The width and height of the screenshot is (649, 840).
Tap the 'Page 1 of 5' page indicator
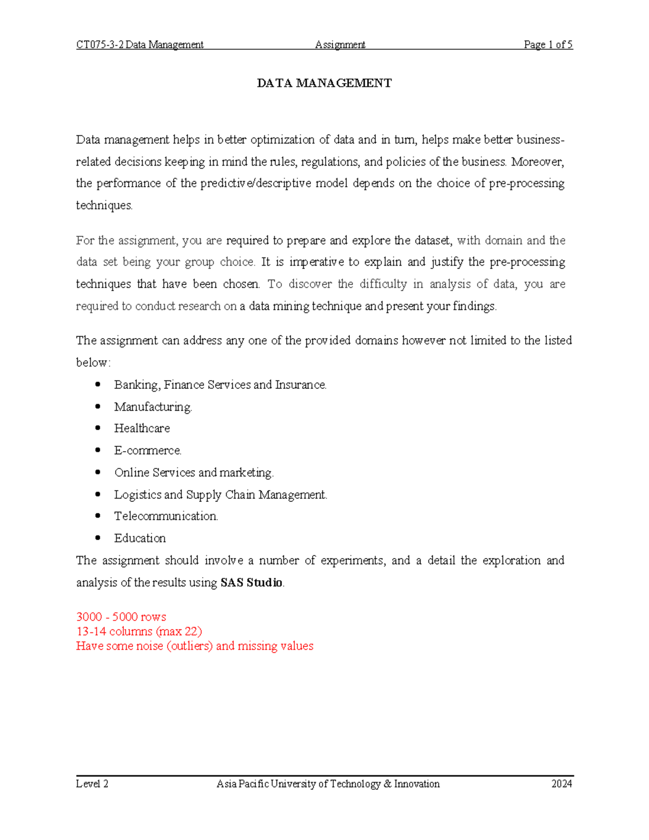[x=548, y=45]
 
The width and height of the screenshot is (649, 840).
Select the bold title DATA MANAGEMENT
[x=324, y=83]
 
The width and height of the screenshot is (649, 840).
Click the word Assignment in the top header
[x=340, y=45]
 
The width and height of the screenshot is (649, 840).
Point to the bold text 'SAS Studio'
[x=251, y=583]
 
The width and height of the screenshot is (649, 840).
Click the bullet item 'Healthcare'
[x=142, y=428]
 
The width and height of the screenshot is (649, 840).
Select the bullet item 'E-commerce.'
[x=148, y=451]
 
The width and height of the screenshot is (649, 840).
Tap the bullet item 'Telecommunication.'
[x=166, y=517]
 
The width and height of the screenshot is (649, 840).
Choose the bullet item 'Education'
[x=140, y=538]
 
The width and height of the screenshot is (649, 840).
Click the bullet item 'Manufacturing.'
[x=153, y=407]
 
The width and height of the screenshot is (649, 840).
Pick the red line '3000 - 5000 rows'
[x=121, y=617]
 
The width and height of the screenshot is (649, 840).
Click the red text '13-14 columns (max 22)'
[x=139, y=632]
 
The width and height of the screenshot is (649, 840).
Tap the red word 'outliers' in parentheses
[x=190, y=646]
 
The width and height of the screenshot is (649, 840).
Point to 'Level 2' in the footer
[x=92, y=784]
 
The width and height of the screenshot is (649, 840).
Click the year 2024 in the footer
[x=561, y=784]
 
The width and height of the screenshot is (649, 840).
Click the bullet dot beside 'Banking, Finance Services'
[x=98, y=385]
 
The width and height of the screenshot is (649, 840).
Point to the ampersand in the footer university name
[x=387, y=784]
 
